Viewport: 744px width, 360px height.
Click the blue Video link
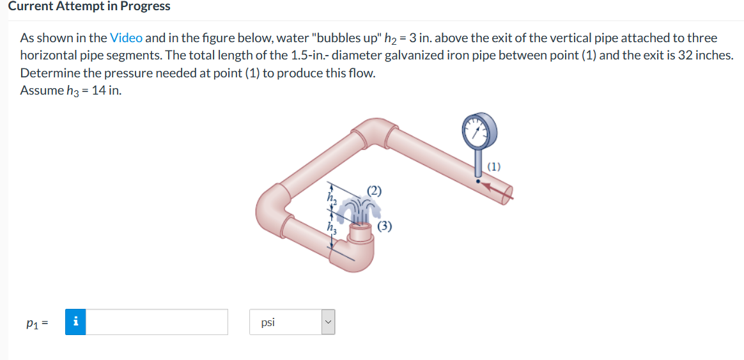pyautogui.click(x=126, y=38)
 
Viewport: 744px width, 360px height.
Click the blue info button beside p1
pyautogui.click(x=75, y=322)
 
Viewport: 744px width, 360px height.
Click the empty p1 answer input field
pyautogui.click(x=157, y=322)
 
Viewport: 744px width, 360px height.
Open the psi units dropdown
pyautogui.click(x=292, y=322)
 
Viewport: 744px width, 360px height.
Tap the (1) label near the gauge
pyautogui.click(x=494, y=167)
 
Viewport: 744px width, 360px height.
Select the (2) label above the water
pyautogui.click(x=375, y=191)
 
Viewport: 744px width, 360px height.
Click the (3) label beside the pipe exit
pyautogui.click(x=384, y=227)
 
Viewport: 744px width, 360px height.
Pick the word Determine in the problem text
pyautogui.click(x=45, y=73)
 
